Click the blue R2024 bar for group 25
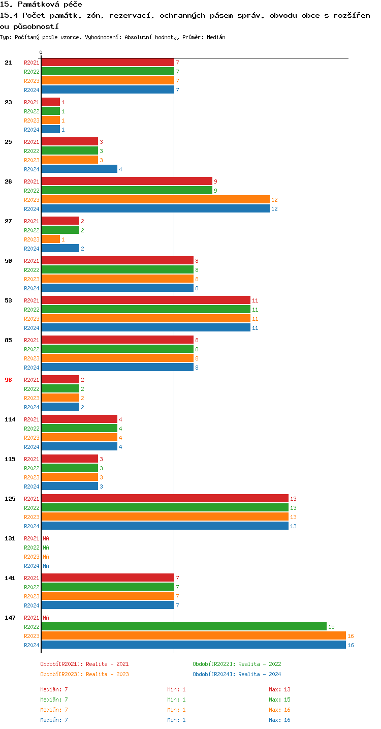[x=79, y=169]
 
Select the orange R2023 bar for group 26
[x=155, y=200]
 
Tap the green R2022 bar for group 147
[x=184, y=627]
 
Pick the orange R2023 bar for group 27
[x=51, y=239]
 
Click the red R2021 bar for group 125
[x=165, y=499]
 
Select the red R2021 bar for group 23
[x=51, y=102]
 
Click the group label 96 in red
[x=8, y=380]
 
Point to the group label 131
[x=10, y=538]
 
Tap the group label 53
[x=8, y=300]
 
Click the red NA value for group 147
[x=46, y=618]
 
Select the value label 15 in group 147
[x=331, y=627]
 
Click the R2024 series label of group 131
[x=31, y=566]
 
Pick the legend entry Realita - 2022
[x=237, y=664]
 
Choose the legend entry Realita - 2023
[x=84, y=674]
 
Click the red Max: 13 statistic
[x=279, y=689]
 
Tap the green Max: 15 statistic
[x=279, y=700]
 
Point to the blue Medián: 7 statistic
[x=54, y=720]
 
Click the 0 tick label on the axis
[x=41, y=53]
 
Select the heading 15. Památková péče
[x=41, y=5]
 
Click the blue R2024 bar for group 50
[x=117, y=288]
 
